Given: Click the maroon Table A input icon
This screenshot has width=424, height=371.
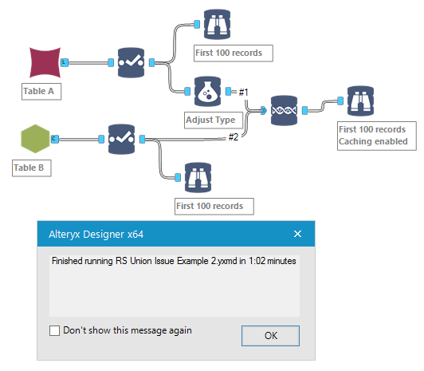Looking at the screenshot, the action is [x=45, y=63].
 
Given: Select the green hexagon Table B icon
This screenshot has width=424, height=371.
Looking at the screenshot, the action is [x=35, y=139].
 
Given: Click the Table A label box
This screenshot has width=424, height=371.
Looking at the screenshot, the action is [x=41, y=92].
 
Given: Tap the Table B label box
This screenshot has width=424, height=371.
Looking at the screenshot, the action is [x=32, y=168].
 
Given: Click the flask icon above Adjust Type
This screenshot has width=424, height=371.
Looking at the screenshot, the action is [x=208, y=92].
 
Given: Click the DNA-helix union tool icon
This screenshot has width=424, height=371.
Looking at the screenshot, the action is [x=284, y=110].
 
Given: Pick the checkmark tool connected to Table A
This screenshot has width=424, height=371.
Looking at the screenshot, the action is [x=132, y=63].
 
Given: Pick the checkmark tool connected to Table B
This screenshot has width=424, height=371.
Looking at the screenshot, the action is [x=121, y=139].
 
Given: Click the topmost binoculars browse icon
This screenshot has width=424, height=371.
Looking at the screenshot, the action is [x=217, y=25].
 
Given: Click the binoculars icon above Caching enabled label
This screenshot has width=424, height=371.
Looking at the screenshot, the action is [x=360, y=101].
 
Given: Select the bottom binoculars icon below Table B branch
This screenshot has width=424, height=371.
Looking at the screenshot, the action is [x=198, y=177].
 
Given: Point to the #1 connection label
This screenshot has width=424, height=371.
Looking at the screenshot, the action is [x=243, y=93].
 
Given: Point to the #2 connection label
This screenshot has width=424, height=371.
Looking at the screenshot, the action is [x=234, y=137].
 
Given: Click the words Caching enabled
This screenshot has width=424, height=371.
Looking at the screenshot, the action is [x=373, y=141].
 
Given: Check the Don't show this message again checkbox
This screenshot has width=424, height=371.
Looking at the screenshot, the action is [x=55, y=330].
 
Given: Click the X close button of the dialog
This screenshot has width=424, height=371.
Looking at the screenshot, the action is [x=298, y=234].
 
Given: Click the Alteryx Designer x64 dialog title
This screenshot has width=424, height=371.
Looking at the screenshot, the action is [x=96, y=235].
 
